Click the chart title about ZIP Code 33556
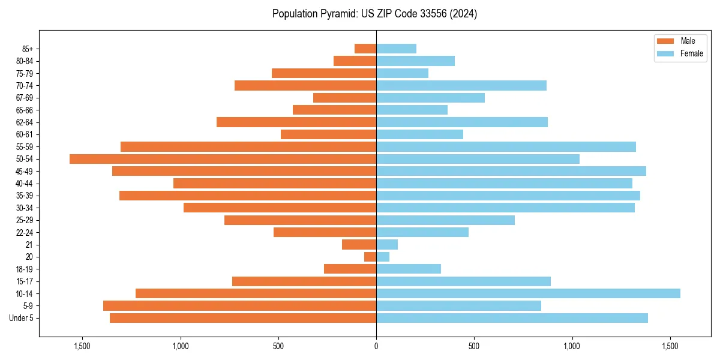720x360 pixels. [374, 14]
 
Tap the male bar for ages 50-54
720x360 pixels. [223, 159]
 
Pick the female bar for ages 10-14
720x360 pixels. [528, 293]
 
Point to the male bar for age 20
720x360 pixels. [370, 257]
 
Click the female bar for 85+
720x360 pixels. [396, 49]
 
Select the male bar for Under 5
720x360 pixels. [243, 318]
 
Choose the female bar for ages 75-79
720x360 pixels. [402, 73]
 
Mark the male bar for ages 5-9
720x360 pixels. [239, 306]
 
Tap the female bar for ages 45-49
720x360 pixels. [511, 171]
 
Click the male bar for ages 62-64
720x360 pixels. [296, 122]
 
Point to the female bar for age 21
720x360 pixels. [387, 245]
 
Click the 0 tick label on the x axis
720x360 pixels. [376, 346]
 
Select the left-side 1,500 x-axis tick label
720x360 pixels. [82, 346]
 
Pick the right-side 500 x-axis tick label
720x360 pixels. [474, 346]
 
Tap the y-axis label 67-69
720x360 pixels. [24, 98]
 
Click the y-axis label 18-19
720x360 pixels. [24, 269]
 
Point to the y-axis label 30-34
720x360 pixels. [24, 208]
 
